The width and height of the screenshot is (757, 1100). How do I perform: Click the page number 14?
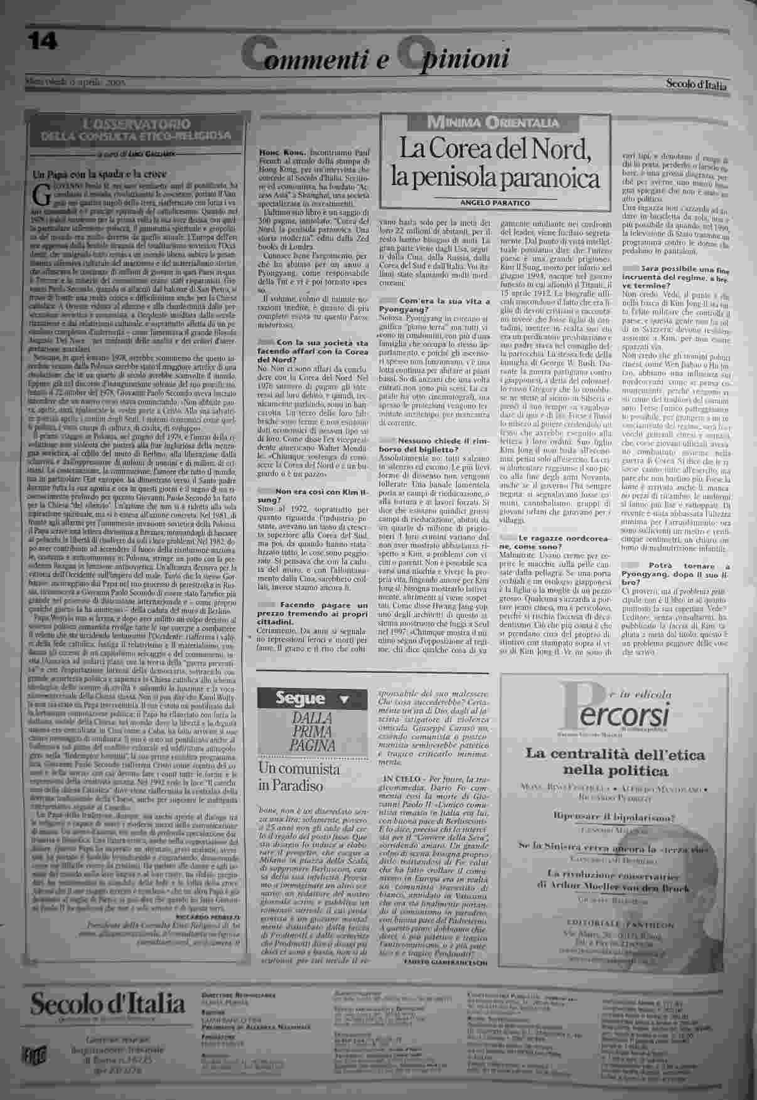[43, 41]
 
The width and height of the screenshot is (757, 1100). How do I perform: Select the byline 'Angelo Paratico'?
[495, 203]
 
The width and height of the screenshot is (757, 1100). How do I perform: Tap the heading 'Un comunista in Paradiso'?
[290, 776]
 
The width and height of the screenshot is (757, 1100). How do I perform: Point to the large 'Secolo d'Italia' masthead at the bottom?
[107, 1005]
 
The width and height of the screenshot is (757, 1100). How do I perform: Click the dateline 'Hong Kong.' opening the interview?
[282, 152]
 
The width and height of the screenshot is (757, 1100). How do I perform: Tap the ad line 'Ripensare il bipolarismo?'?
[613, 817]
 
